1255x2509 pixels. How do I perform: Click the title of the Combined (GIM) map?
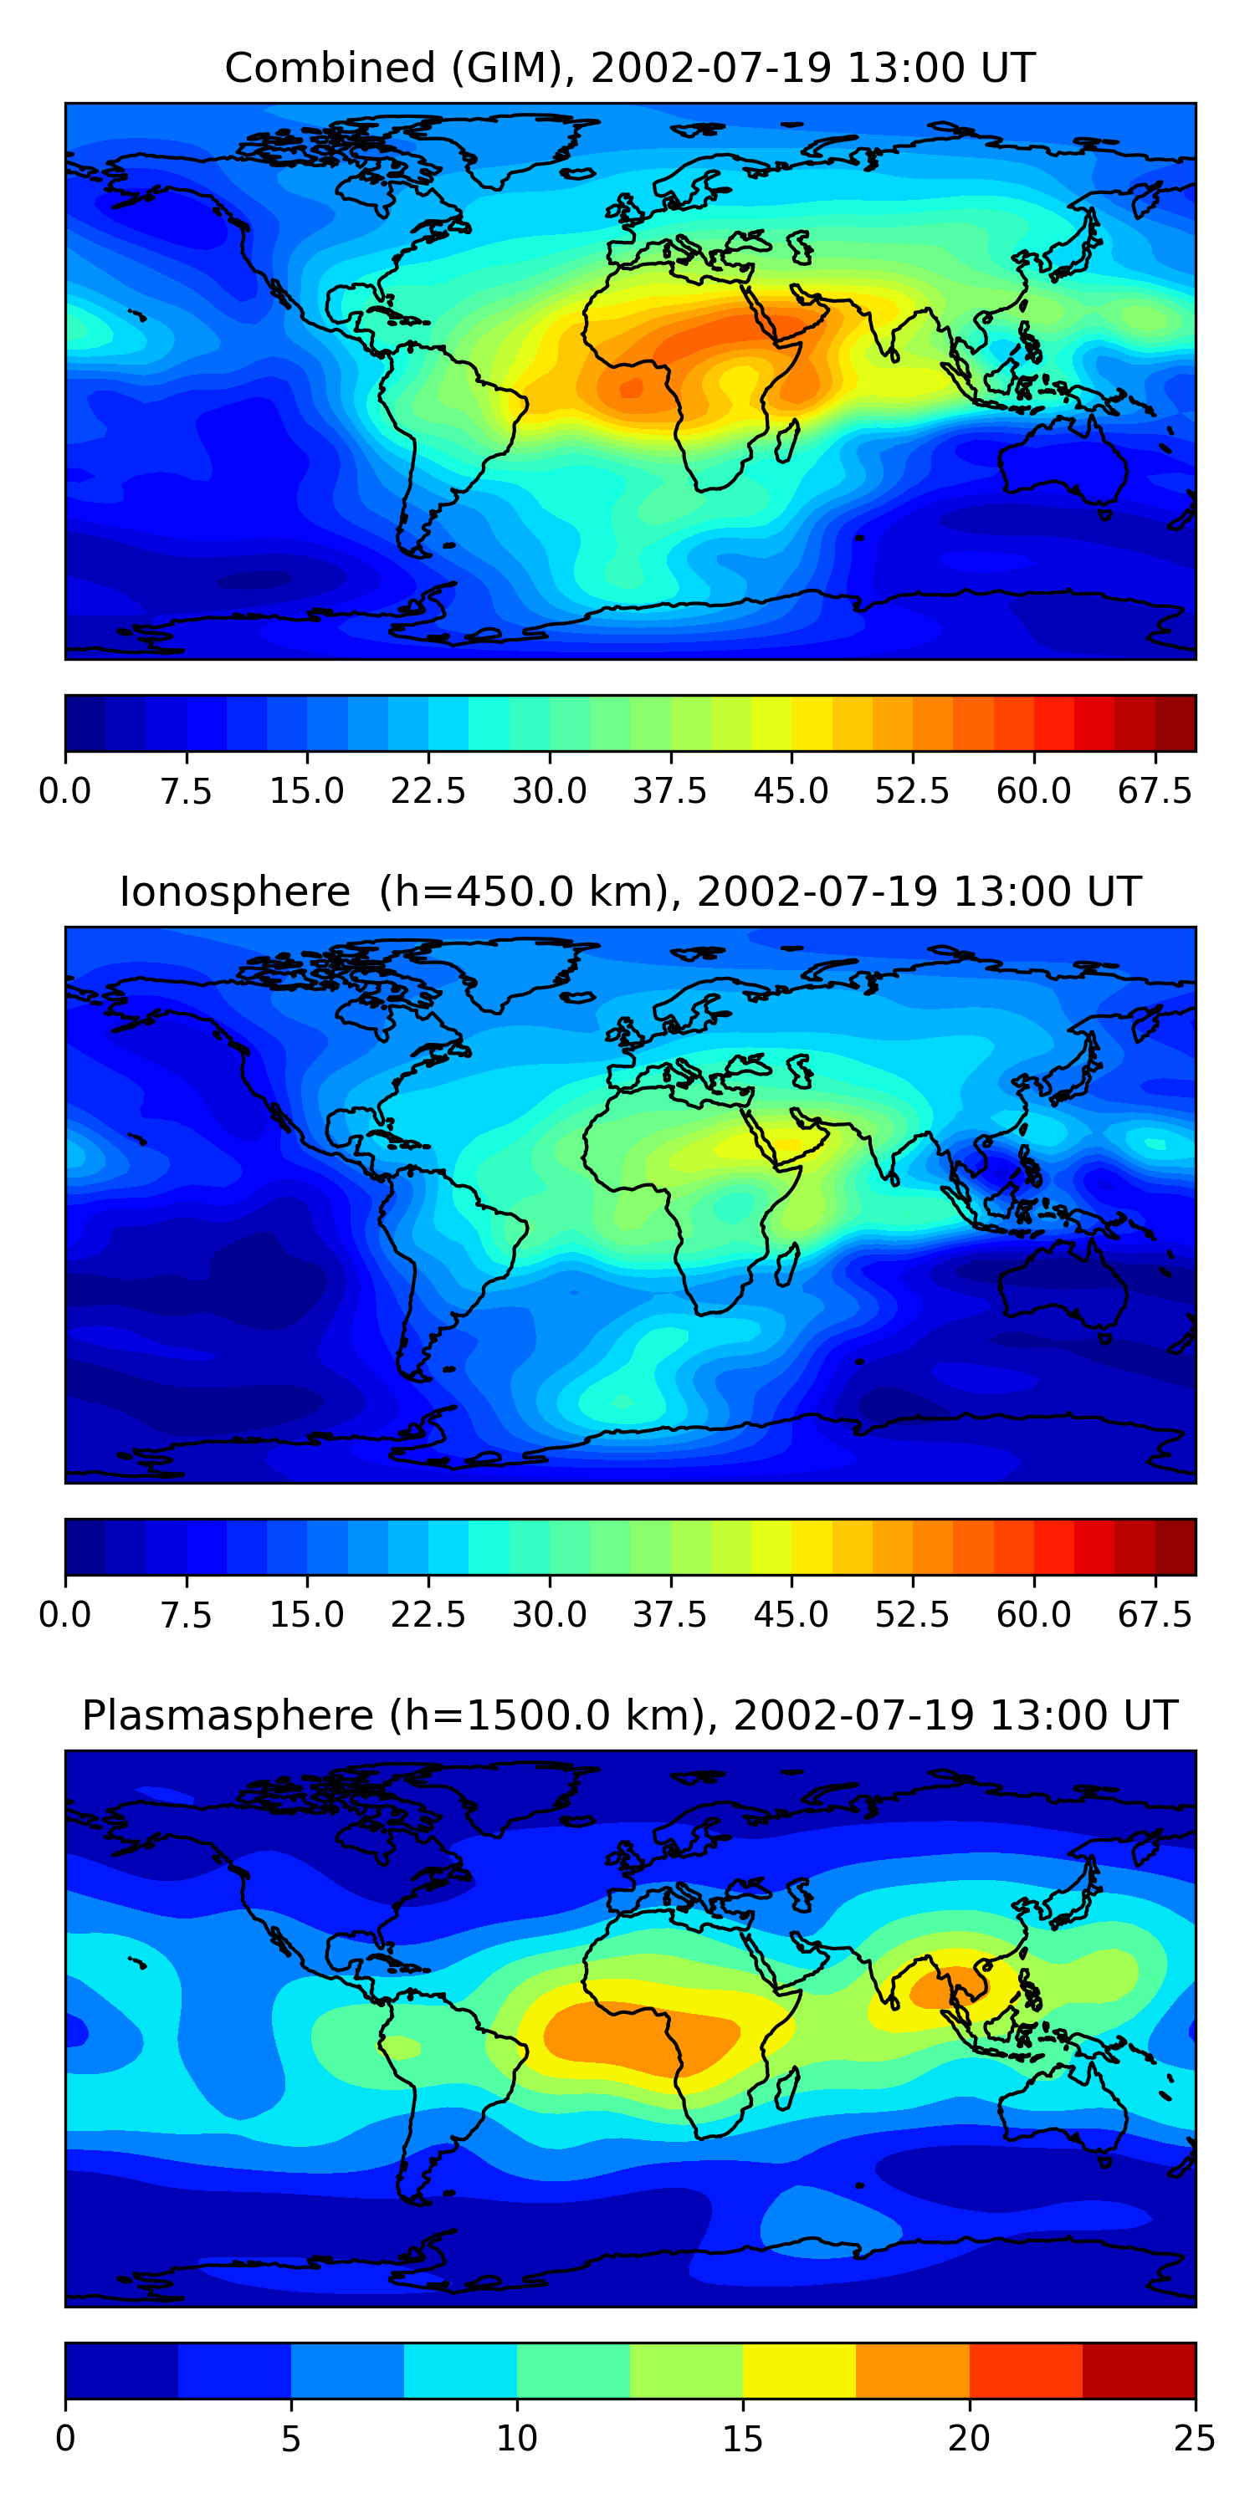[629, 69]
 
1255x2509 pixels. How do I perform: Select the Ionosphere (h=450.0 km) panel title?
[629, 892]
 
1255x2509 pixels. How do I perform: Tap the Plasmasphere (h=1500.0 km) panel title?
[629, 1715]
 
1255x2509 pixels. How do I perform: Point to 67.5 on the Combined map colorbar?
[1155, 791]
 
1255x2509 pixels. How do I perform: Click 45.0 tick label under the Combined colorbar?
[791, 791]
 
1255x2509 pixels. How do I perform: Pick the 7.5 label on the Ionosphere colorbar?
[186, 1614]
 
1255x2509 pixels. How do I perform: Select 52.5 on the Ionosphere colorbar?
[912, 1614]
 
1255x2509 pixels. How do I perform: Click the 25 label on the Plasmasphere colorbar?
[1195, 2438]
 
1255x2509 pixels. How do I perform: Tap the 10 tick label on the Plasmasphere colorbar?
[516, 2438]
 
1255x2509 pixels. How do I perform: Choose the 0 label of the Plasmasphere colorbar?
[65, 2438]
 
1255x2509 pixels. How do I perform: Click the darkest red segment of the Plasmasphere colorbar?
[1139, 2369]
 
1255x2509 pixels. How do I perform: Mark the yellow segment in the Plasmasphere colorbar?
[799, 2369]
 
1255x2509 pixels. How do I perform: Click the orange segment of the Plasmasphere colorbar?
[913, 2369]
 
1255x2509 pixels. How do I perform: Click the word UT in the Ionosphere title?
[1115, 892]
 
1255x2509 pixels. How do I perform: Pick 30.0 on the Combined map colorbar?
[550, 791]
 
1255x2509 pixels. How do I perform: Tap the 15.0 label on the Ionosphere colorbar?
[307, 1614]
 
